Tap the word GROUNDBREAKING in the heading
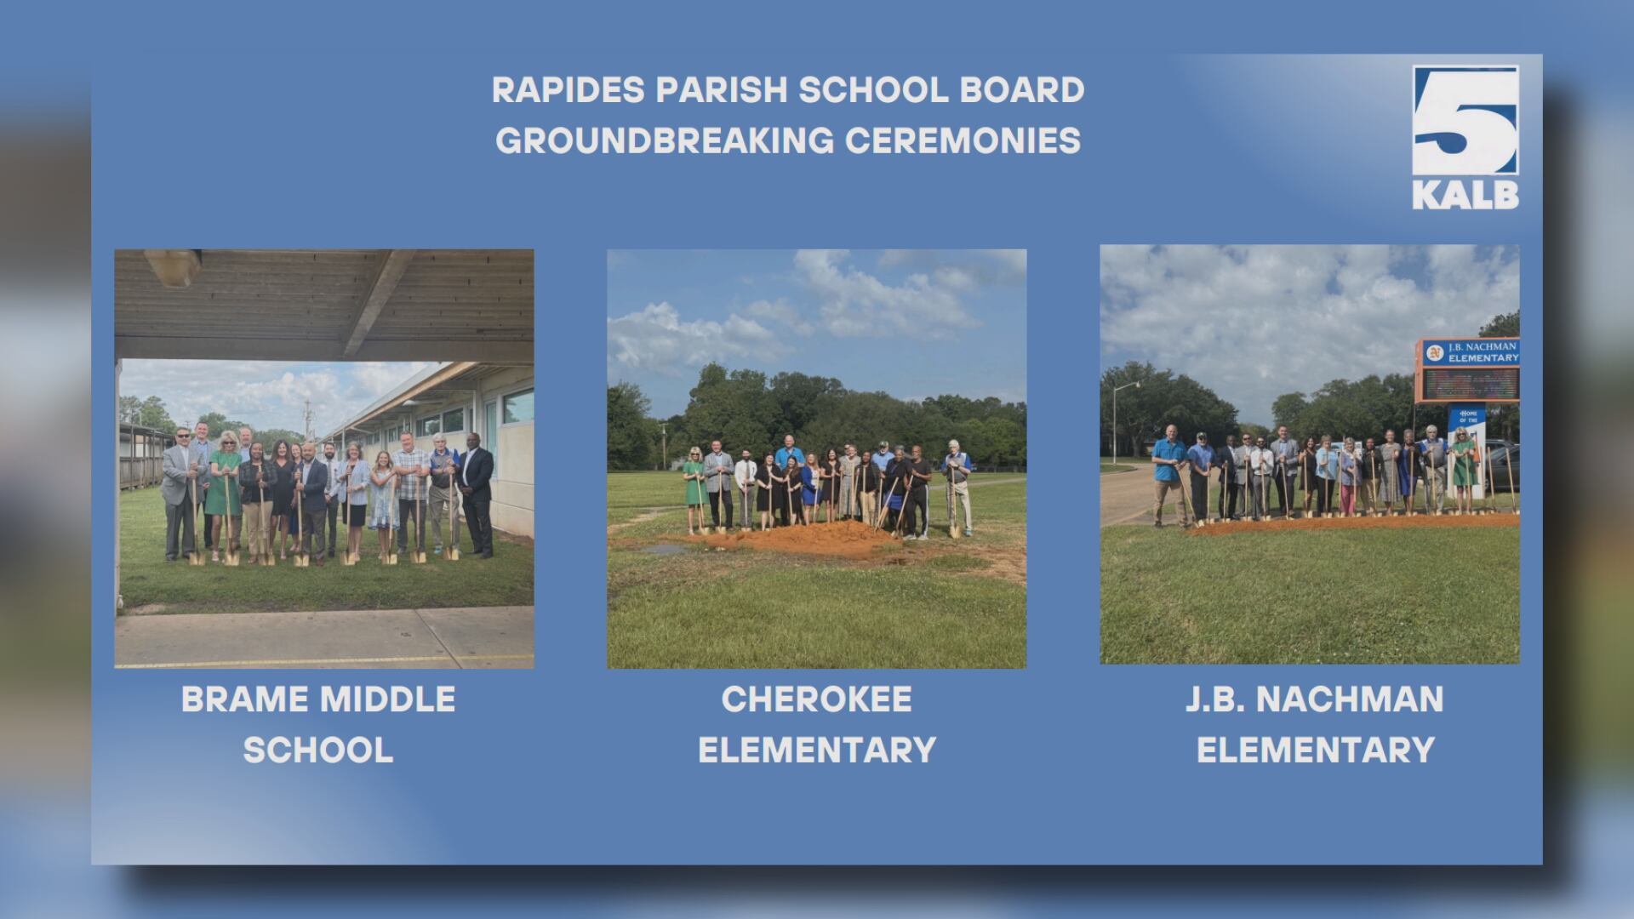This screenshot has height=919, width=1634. coord(665,141)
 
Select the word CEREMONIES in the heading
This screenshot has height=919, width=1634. coord(963,141)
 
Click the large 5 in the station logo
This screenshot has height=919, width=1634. coord(1465,123)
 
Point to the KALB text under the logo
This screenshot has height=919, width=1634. coord(1465,195)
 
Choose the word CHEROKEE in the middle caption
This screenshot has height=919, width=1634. coord(816,700)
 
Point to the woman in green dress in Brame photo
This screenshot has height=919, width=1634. coord(226,489)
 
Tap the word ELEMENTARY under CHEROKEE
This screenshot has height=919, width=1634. coord(816,751)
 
